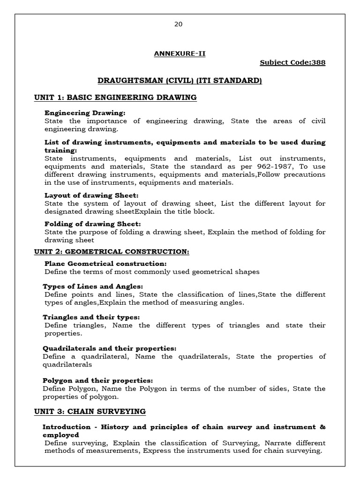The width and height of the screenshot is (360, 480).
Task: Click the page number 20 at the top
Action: pyautogui.click(x=178, y=24)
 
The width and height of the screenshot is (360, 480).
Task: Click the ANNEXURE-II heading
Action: pyautogui.click(x=180, y=53)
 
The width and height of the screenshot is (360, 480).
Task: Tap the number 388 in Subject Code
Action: pyautogui.click(x=318, y=63)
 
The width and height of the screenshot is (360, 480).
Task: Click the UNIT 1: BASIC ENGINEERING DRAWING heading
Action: pyautogui.click(x=115, y=97)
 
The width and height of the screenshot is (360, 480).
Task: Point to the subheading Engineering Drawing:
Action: pyautogui.click(x=85, y=113)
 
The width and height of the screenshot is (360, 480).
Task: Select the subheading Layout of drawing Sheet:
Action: pyautogui.click(x=91, y=195)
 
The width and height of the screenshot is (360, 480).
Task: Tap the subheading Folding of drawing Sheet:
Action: pyautogui.click(x=93, y=224)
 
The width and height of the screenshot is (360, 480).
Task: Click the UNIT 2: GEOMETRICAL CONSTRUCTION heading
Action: pyautogui.click(x=112, y=252)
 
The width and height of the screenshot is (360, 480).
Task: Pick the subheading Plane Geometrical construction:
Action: pyautogui.click(x=105, y=264)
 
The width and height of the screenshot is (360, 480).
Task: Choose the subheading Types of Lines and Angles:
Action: pyautogui.click(x=93, y=286)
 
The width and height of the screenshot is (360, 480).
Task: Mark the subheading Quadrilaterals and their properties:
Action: pyautogui.click(x=110, y=348)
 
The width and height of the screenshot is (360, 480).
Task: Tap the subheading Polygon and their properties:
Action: pyautogui.click(x=98, y=381)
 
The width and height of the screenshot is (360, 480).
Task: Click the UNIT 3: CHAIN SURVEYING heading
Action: pyautogui.click(x=90, y=412)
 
